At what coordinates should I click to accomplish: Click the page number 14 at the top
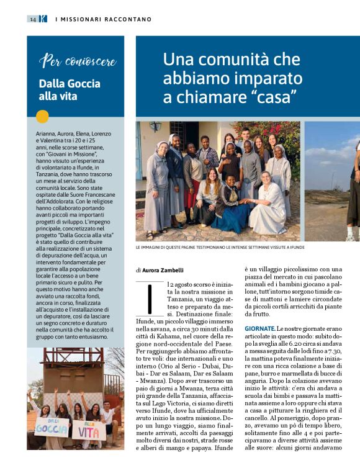click(x=32, y=19)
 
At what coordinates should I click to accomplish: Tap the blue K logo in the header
click(x=42, y=19)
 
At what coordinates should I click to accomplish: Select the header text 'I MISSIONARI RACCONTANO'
click(x=104, y=19)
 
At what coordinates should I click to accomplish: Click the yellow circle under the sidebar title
click(x=42, y=116)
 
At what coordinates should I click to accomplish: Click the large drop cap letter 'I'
click(x=148, y=298)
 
